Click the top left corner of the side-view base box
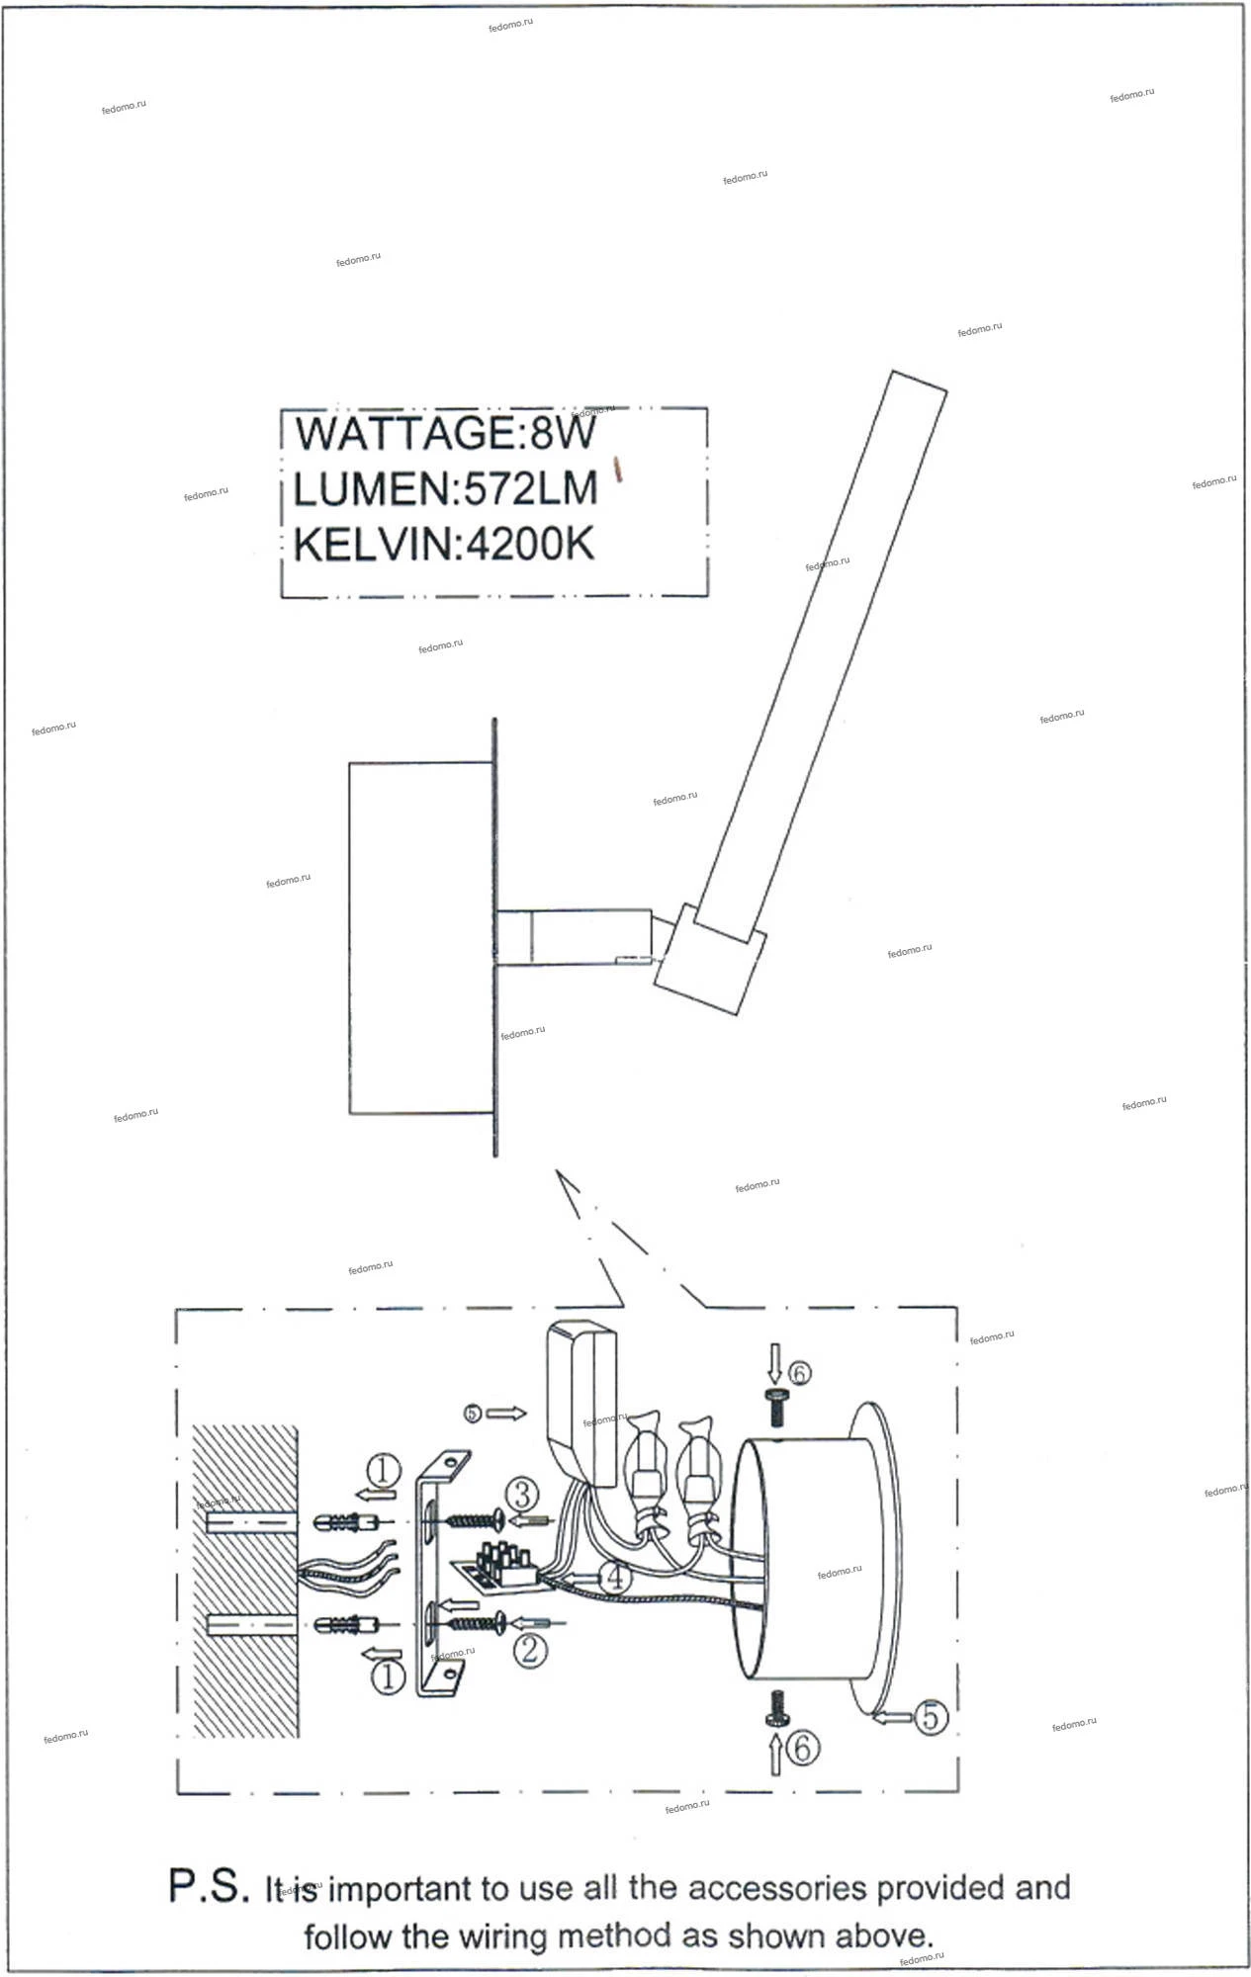[x=349, y=762]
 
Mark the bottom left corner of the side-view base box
[x=349, y=1113]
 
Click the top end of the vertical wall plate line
[x=494, y=719]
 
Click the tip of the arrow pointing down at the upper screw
[x=774, y=1385]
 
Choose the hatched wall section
[x=244, y=1583]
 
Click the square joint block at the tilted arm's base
[x=710, y=958]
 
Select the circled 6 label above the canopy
[x=799, y=1372]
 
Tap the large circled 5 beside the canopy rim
[x=930, y=1717]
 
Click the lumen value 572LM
[x=532, y=489]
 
